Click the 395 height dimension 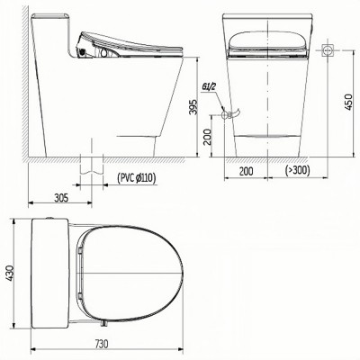point(194,107)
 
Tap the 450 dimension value point(348,102)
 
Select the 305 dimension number point(61,198)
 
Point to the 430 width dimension point(9,274)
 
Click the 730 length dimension point(102,344)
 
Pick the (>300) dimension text point(297,170)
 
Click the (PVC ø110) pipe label point(136,178)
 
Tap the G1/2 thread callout point(209,87)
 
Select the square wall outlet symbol point(328,49)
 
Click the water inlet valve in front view point(230,114)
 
